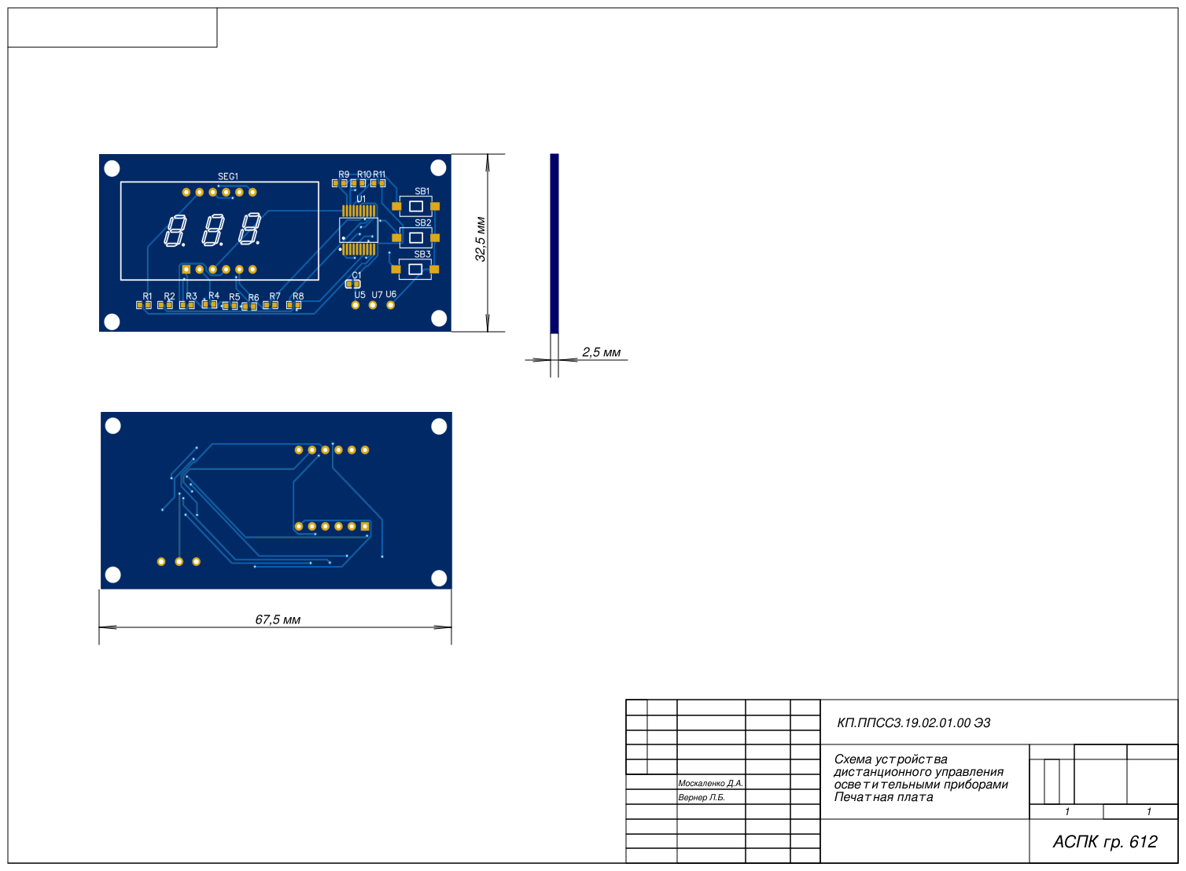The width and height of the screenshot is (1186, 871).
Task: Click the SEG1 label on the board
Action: (227, 177)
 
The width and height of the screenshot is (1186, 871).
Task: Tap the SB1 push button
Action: (416, 206)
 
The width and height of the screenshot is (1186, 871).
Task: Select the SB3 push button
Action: (416, 270)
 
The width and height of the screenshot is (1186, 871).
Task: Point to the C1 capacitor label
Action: (356, 275)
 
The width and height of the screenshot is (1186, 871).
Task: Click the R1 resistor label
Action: (147, 296)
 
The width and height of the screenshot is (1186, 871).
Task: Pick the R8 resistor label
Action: (298, 296)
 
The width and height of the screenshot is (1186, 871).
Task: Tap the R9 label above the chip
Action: (344, 175)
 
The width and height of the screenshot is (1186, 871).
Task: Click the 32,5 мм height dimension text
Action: (481, 239)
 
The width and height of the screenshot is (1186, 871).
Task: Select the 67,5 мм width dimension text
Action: (278, 619)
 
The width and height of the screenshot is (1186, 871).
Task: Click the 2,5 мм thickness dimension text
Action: (602, 352)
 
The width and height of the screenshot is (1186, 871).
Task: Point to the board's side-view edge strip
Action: (554, 243)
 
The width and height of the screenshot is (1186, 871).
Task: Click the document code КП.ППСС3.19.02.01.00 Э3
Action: (914, 723)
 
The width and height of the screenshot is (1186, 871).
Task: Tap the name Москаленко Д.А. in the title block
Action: (710, 783)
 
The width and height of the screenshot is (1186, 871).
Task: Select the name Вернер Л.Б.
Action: (702, 797)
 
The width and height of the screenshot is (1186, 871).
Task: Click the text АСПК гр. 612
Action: (1105, 842)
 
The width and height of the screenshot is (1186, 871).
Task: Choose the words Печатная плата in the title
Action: (883, 797)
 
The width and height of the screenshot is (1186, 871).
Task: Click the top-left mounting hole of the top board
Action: (112, 167)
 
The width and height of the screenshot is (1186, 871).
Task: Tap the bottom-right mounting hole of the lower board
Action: (439, 579)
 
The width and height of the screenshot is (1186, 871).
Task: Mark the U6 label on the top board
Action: (391, 295)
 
